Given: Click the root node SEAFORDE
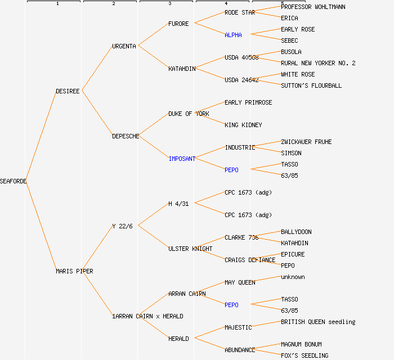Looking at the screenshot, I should (14, 181).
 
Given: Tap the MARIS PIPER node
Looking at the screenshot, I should (74, 271).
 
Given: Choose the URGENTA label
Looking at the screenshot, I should (124, 46).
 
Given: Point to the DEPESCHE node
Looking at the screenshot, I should (126, 136).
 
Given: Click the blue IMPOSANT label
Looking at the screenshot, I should (182, 159).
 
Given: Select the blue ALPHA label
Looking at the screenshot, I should (233, 35).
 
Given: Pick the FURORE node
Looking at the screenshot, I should (178, 24).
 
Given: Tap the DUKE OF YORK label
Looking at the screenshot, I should (189, 114).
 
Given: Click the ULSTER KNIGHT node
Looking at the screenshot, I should (190, 249).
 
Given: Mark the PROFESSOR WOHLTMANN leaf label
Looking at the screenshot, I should (313, 7).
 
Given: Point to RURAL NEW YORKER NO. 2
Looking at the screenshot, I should (318, 63).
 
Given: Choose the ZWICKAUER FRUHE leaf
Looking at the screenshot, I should (306, 142).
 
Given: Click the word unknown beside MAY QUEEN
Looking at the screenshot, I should (293, 277).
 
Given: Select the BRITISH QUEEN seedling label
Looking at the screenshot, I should (318, 322).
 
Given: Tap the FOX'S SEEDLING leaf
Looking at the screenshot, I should (305, 355).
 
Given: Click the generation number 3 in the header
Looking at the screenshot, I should (169, 4).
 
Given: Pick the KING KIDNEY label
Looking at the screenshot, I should (243, 125).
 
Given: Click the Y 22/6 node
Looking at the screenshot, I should (122, 226).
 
